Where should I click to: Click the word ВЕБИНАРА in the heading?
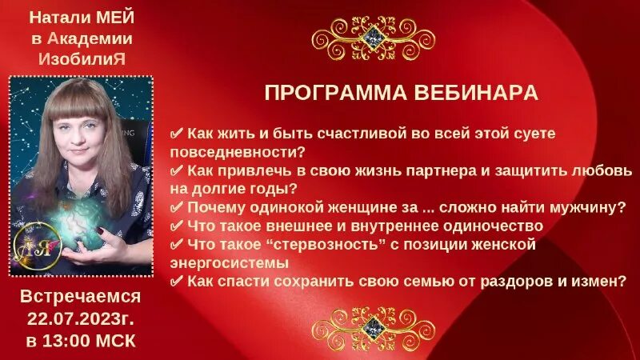(x=475, y=93)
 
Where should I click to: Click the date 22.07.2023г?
(x=80, y=318)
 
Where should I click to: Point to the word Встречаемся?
(x=80, y=297)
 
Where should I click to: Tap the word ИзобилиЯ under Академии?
(x=81, y=58)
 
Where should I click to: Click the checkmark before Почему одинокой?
(x=178, y=207)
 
